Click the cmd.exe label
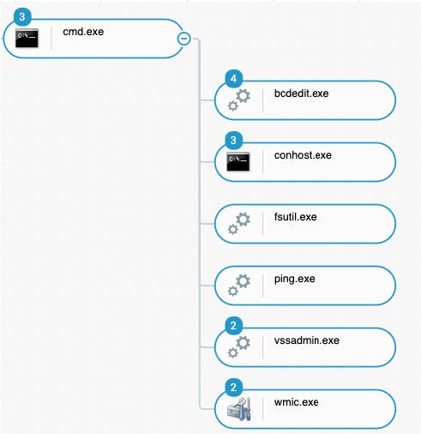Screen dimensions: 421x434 (x=83, y=32)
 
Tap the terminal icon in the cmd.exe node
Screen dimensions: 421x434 (x=27, y=38)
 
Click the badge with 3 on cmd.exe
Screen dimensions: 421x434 (x=22, y=17)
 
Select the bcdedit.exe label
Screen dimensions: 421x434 (x=301, y=93)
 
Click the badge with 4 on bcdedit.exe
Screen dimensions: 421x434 (x=234, y=79)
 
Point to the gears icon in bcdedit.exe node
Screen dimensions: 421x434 (x=238, y=99)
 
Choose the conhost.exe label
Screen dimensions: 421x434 (x=303, y=155)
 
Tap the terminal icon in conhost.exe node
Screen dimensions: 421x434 (x=238, y=161)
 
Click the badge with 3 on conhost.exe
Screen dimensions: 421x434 (x=234, y=141)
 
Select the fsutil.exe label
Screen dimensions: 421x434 (x=295, y=217)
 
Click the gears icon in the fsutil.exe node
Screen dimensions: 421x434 (x=238, y=223)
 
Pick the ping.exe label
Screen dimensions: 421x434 (x=295, y=279)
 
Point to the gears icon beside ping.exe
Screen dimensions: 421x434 (x=238, y=285)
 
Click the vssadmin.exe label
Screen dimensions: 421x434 (x=307, y=341)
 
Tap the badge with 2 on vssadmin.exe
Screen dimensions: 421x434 (x=234, y=326)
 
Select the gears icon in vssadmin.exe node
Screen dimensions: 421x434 (x=238, y=347)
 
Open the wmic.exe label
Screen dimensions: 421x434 (x=296, y=402)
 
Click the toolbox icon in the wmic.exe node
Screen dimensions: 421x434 (x=239, y=409)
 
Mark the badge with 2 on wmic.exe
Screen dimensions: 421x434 (x=234, y=388)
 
